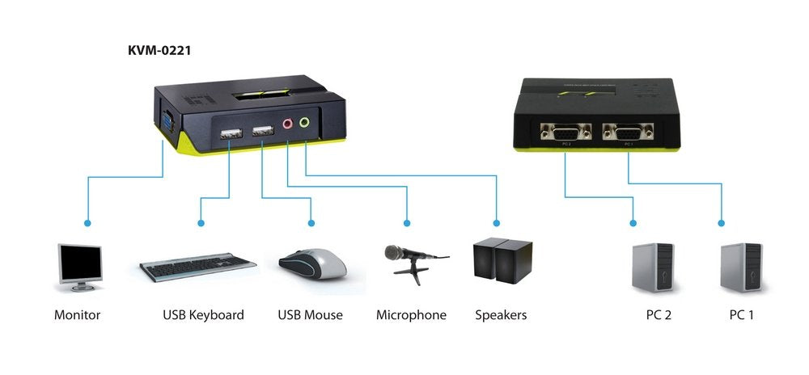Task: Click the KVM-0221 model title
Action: tap(159, 51)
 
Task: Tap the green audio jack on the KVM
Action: tap(305, 124)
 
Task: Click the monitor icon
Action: tap(78, 268)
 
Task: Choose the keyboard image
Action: tap(198, 267)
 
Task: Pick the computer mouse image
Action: tap(313, 262)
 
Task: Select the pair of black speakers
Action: tap(502, 260)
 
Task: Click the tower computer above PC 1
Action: tap(741, 268)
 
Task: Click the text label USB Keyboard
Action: tap(203, 315)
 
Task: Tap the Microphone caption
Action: tap(411, 315)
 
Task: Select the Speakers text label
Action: tap(501, 315)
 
